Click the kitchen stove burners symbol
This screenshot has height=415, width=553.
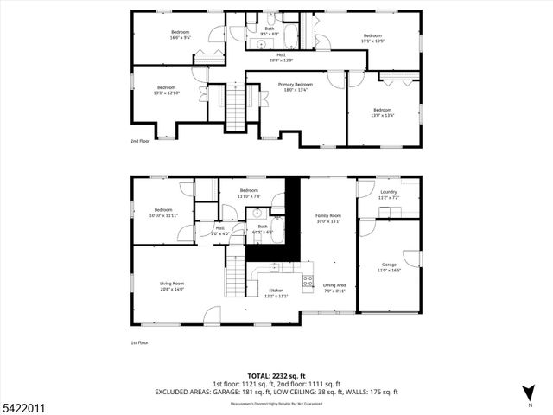308,280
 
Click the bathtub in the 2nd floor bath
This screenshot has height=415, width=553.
290,37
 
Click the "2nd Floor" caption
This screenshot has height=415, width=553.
140,140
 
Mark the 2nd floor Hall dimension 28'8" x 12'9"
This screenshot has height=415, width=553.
282,61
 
